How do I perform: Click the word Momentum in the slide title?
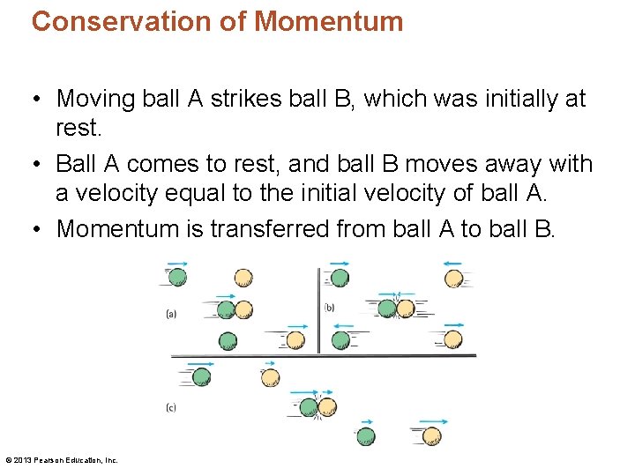[329, 21]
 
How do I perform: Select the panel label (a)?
[171, 313]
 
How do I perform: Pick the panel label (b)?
[329, 307]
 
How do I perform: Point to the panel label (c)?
[171, 407]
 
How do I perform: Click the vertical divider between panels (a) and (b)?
[318, 309]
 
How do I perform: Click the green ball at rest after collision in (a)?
[228, 340]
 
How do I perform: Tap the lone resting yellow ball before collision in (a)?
[243, 278]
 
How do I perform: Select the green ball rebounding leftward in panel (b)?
[341, 339]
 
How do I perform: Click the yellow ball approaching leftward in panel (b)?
[453, 279]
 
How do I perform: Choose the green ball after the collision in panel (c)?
[365, 435]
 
